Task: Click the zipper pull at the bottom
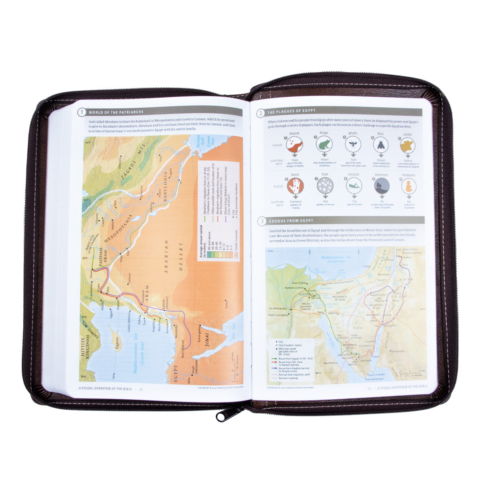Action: (x=221, y=415)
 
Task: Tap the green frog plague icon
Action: (x=323, y=143)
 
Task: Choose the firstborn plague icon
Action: (x=408, y=186)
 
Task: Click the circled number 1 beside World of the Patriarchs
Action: (x=82, y=112)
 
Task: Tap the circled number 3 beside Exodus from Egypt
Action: (x=261, y=221)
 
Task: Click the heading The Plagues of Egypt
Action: (x=292, y=112)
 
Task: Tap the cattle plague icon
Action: (x=407, y=144)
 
